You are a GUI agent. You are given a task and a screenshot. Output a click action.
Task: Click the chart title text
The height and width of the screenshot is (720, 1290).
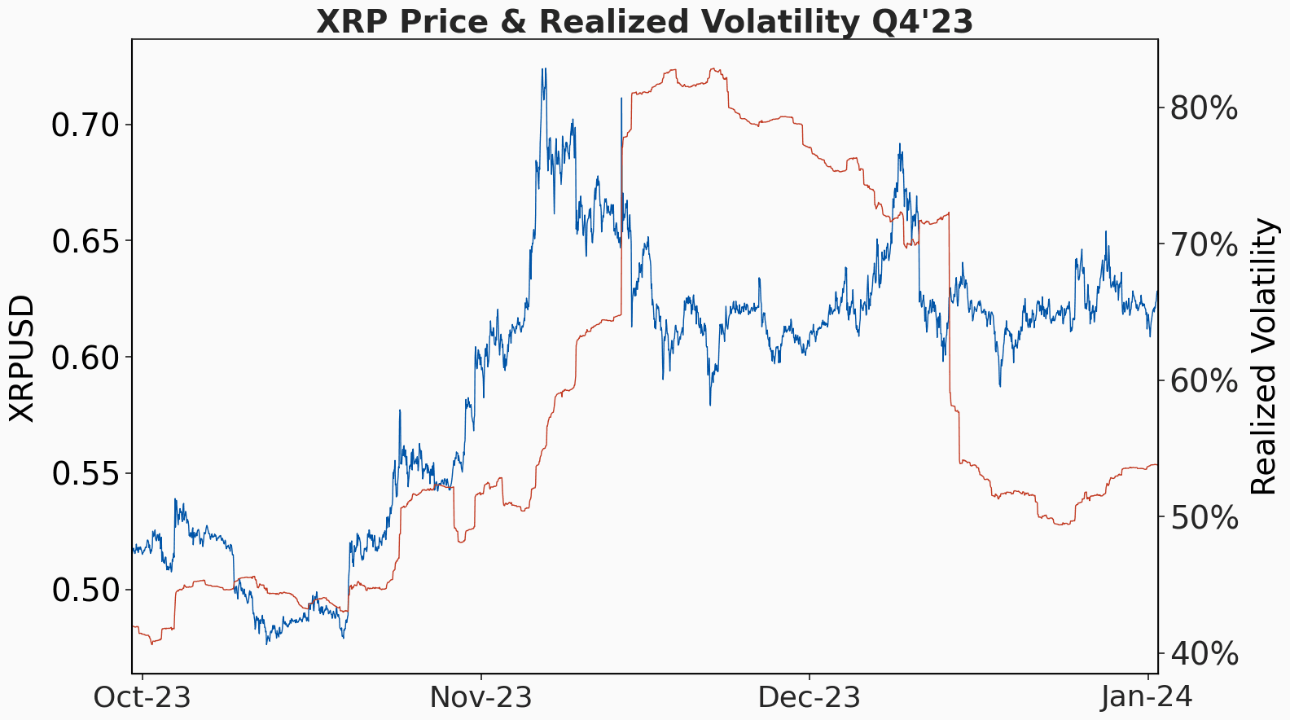(644, 21)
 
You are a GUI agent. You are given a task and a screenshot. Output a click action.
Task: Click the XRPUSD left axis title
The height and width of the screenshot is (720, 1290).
(23, 358)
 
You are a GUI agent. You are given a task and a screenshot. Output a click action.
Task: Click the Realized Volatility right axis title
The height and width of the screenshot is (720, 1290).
(1263, 356)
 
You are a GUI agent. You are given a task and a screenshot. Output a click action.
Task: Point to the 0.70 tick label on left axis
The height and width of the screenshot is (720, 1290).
(85, 125)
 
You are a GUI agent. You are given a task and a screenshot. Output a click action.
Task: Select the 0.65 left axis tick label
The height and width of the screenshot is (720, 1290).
(85, 242)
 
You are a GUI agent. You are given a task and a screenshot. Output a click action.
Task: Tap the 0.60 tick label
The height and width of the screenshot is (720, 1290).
(85, 358)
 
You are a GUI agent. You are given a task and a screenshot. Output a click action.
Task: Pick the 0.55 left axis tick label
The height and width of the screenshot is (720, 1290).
(85, 474)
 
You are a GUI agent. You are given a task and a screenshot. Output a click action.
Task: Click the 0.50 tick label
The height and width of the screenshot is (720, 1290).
(85, 590)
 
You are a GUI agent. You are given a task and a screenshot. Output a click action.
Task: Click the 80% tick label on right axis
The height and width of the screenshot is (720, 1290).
(1204, 108)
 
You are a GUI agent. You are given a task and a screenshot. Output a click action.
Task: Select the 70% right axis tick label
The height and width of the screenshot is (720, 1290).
(1204, 244)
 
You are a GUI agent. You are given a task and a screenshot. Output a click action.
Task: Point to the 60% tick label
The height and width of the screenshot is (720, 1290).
(1204, 380)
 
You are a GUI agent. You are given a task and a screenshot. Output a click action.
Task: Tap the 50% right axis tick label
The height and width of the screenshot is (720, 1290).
(1204, 517)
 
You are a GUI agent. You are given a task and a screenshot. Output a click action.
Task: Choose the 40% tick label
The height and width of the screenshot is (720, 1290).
(1204, 653)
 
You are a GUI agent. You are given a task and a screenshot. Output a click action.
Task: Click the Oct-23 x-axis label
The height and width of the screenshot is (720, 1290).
(142, 698)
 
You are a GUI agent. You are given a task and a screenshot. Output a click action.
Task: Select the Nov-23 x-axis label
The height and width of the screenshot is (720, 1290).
(480, 698)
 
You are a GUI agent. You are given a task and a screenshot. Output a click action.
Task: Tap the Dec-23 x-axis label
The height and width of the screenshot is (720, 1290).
(809, 698)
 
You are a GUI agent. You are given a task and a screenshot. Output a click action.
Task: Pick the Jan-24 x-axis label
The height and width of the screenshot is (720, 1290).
(1147, 698)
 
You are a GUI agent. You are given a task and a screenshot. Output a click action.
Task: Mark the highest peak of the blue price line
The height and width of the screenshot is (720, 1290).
(543, 70)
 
